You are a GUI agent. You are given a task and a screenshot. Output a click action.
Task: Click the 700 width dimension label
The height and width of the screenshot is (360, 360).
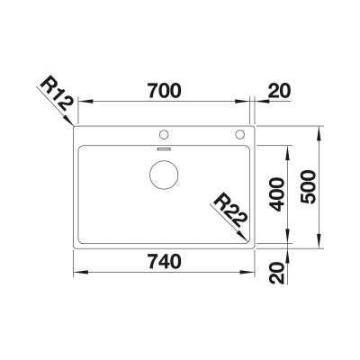pyautogui.click(x=164, y=90)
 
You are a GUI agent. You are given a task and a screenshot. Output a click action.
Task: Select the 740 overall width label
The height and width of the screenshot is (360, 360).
pyautogui.click(x=164, y=261)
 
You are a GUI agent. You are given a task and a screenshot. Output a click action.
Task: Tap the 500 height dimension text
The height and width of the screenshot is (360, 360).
pyautogui.click(x=308, y=187)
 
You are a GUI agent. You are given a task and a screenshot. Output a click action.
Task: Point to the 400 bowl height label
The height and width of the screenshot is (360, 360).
pyautogui.click(x=276, y=194)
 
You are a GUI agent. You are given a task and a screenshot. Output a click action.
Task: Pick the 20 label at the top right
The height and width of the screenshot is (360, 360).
pyautogui.click(x=279, y=91)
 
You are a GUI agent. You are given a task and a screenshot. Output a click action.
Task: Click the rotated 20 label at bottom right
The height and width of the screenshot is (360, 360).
pyautogui.click(x=276, y=273)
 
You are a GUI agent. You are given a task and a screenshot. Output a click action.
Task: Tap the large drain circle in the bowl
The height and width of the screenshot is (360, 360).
pyautogui.click(x=164, y=175)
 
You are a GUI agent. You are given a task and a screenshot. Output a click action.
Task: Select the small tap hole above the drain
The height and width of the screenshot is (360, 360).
pyautogui.click(x=164, y=134)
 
